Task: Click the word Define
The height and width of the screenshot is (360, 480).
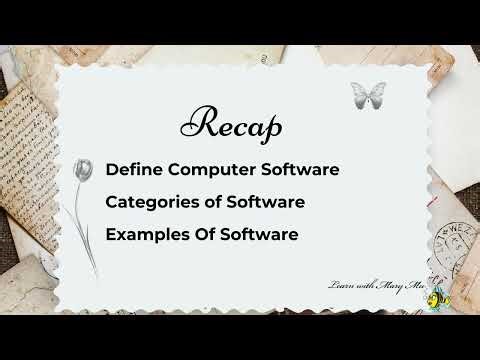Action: click(x=132, y=168)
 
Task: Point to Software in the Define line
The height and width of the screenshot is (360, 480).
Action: click(x=299, y=168)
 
